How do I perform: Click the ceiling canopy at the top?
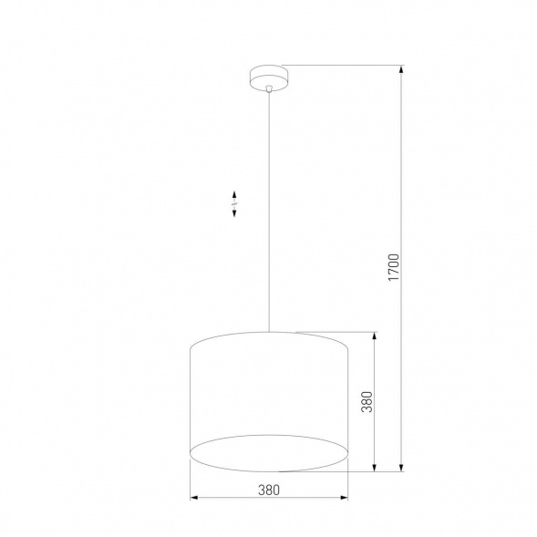pyautogui.click(x=269, y=75)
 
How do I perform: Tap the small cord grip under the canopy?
pyautogui.click(x=269, y=88)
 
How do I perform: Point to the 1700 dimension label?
pyautogui.click(x=394, y=267)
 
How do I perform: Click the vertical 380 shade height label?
pyautogui.click(x=367, y=402)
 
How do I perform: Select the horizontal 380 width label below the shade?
pyautogui.click(x=267, y=490)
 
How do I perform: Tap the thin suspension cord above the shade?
pyautogui.click(x=269, y=210)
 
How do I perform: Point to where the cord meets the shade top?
pyautogui.click(x=269, y=331)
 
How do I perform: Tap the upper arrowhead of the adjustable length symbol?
pyautogui.click(x=234, y=193)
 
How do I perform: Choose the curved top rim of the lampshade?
pyautogui.click(x=269, y=334)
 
